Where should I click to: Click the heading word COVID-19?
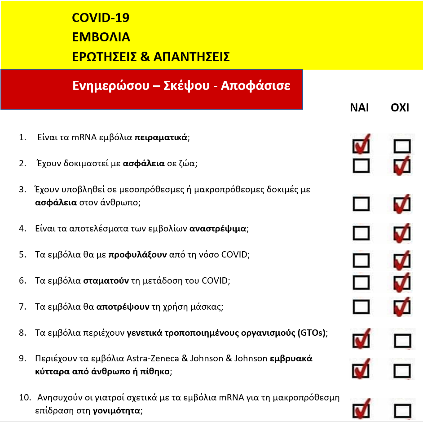[101, 18]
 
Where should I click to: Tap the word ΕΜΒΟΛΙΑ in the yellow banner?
[101, 37]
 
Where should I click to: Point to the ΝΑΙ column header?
[359, 108]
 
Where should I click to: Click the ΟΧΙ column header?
[400, 108]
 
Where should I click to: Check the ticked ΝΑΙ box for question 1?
[361, 145]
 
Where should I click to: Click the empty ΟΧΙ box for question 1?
[402, 146]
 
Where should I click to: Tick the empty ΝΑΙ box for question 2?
[361, 166]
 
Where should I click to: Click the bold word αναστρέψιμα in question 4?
[218, 229]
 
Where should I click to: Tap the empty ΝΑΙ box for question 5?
[361, 260]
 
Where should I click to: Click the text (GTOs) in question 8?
[311, 333]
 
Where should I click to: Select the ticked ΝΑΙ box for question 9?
[361, 370]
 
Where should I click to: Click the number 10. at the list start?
[24, 398]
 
